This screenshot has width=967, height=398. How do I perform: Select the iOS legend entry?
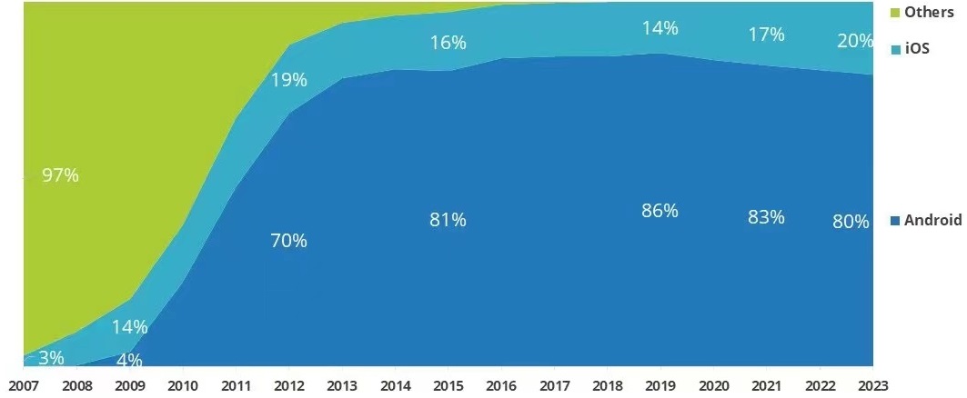917,49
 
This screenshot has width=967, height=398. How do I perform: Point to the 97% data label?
60,176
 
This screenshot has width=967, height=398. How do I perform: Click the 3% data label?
52,358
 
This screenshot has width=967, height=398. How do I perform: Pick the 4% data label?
130,360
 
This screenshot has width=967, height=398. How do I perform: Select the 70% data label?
288,241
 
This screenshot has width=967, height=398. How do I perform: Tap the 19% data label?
288,79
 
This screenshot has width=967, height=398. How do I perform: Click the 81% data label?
448,220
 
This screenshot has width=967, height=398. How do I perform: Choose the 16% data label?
448,43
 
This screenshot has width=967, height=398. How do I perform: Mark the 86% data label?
660,211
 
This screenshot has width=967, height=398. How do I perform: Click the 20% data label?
852,42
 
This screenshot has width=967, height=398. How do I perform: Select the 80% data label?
851,222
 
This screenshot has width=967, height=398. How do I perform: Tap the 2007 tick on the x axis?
24,385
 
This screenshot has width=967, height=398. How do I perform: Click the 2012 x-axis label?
289,385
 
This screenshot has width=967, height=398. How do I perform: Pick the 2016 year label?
502,385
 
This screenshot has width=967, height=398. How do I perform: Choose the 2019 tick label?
661,385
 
